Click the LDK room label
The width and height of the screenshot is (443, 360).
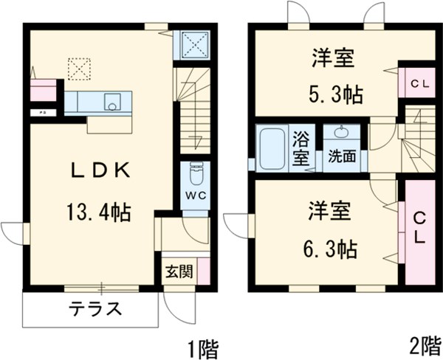pos(100,171)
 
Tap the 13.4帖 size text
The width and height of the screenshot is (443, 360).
pos(100,212)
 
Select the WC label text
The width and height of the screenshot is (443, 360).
pos(196,196)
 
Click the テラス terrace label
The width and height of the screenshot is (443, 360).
pos(95,309)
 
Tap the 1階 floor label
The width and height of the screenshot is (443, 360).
pos(202,345)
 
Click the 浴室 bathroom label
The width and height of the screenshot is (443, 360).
pos(301,148)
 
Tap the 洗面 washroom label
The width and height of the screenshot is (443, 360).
pos(342,156)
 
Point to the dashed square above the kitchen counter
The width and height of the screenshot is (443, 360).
pos(78,69)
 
